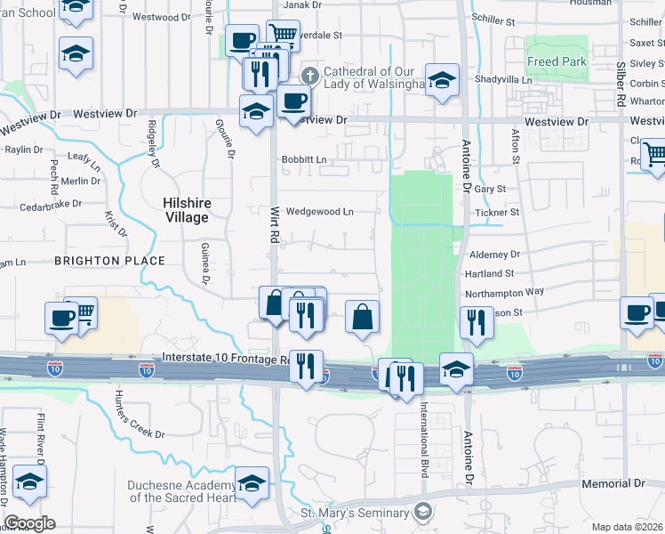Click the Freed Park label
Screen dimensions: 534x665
[556, 62]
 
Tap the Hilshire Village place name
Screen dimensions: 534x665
[186, 210]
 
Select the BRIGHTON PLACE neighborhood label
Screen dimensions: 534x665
[110, 261]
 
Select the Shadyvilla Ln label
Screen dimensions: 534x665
[502, 79]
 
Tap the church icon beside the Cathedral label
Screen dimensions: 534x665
[310, 74]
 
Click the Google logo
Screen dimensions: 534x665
[29, 523]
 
